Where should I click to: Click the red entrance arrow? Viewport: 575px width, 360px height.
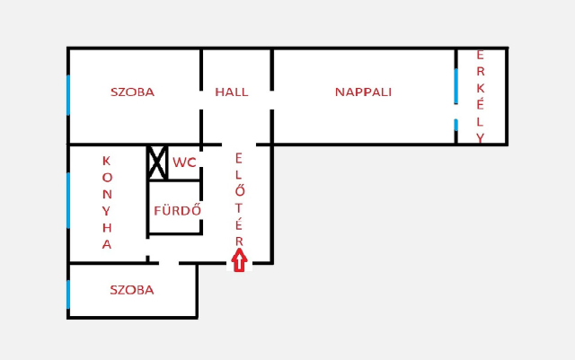point(239,260)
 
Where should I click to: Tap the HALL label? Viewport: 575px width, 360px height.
point(232,92)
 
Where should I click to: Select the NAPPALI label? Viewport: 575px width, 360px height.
point(363,92)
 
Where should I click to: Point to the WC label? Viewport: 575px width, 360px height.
point(184,162)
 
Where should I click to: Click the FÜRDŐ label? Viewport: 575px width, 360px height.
point(178,210)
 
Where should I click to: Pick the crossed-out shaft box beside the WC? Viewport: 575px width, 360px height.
point(157,162)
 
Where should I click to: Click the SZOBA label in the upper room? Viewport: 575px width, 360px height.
point(132,92)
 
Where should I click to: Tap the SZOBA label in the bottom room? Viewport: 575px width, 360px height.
point(132,290)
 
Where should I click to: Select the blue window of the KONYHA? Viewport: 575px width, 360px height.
point(68,200)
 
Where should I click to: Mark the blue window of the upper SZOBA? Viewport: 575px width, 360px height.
point(68,95)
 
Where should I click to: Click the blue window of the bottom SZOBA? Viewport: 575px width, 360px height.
point(68,294)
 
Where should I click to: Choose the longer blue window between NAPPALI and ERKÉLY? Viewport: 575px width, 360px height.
point(456,86)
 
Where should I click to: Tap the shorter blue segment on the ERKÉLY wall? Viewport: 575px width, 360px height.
point(456,125)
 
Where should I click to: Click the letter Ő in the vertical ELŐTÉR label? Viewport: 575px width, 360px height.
point(239,190)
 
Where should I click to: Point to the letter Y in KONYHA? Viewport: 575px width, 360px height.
point(106,211)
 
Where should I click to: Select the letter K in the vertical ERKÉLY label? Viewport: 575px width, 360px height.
point(481,88)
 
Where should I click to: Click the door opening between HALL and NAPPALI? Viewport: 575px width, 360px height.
point(271,100)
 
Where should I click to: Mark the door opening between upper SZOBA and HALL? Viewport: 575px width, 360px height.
point(201,100)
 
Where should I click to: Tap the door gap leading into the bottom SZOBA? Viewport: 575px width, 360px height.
point(169,263)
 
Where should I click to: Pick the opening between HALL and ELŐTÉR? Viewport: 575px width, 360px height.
point(239,145)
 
